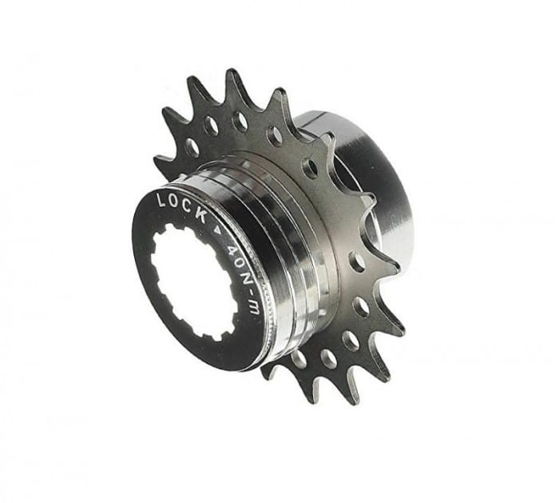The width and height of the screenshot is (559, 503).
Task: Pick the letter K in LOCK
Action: pos(200,215)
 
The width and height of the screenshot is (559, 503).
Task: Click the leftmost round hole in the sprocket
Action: pos(192,146)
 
